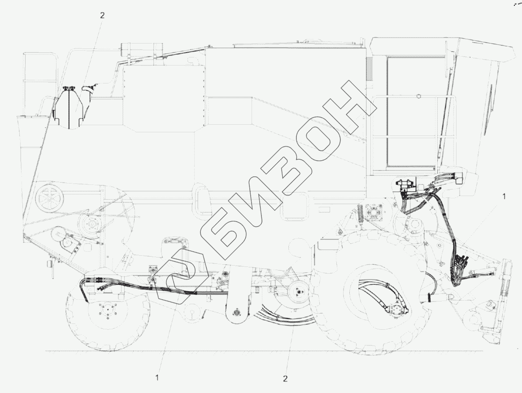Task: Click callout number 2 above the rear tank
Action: click(x=102, y=15)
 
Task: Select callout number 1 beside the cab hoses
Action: click(x=504, y=196)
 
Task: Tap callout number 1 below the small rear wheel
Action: click(x=157, y=377)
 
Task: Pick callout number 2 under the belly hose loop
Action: click(x=285, y=378)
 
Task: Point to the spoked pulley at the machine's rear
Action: click(x=49, y=198)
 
